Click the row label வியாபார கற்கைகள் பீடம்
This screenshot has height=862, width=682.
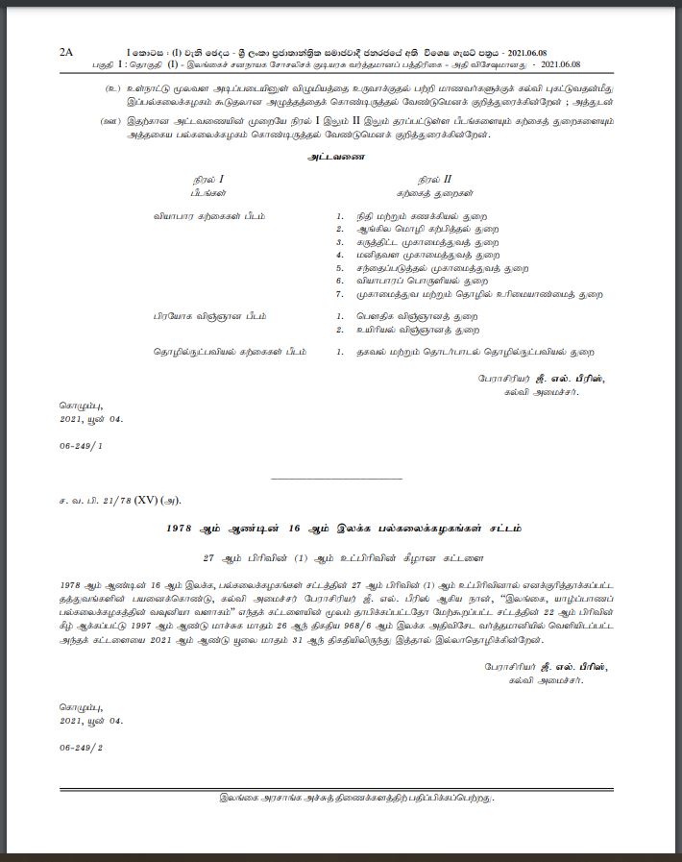[x=209, y=217]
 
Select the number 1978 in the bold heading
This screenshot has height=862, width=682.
[x=182, y=529]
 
